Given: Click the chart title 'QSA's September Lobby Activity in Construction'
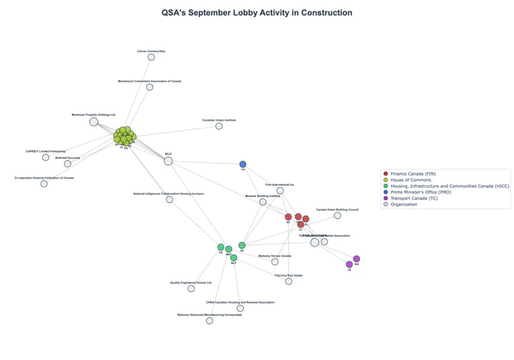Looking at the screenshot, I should [x=256, y=13].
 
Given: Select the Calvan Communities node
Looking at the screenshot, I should [x=151, y=57].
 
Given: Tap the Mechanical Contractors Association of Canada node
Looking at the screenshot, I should [x=150, y=87].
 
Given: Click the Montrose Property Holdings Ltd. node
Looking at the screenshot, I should [x=94, y=121].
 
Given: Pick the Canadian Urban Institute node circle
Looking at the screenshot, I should [x=218, y=126].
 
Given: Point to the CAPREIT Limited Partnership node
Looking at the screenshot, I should [x=46, y=157].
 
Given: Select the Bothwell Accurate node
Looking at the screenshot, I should [x=68, y=164].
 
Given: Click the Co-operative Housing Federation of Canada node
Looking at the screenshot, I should [x=44, y=184].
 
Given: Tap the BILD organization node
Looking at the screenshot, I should [x=168, y=161].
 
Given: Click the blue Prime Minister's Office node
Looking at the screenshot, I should [x=243, y=164].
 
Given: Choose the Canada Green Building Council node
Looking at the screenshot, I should [x=337, y=215].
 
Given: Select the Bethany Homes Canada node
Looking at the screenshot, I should [x=275, y=261].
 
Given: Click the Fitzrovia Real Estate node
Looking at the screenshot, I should [x=288, y=281].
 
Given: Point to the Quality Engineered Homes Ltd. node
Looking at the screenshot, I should [x=191, y=289].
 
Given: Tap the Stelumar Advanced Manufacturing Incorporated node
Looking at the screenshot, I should [x=209, y=321].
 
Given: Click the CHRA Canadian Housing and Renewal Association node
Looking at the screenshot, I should [x=240, y=308].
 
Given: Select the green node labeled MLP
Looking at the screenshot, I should [x=233, y=258].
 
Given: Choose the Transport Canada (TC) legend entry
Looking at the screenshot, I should [x=413, y=198].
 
